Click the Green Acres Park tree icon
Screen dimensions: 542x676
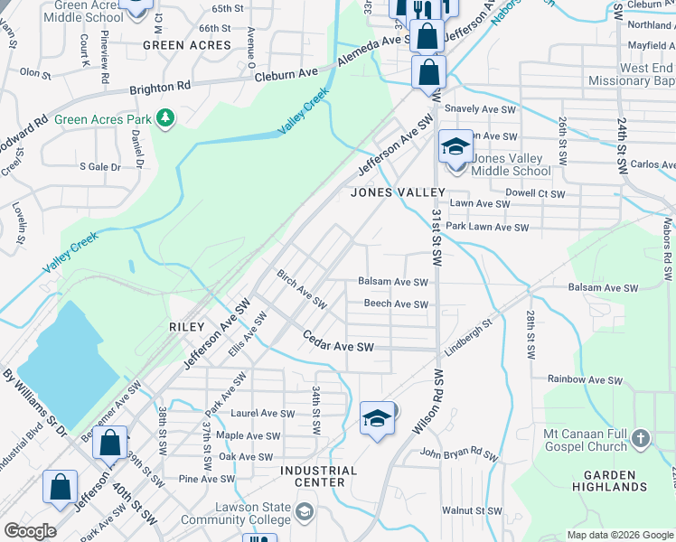(164, 118)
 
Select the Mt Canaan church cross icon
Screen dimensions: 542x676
(640, 439)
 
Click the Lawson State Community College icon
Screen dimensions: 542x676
(305, 513)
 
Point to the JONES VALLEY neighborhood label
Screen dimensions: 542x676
(398, 192)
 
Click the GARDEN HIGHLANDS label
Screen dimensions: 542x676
(615, 480)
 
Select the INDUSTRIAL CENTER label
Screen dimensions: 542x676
(319, 476)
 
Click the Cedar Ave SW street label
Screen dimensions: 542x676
(338, 347)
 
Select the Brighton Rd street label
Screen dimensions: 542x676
(160, 86)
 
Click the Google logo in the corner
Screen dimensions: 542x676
(30, 531)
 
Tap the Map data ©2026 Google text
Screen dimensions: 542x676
(619, 535)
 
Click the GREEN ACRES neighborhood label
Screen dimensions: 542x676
(187, 44)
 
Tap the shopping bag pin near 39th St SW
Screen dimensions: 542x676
(109, 444)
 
